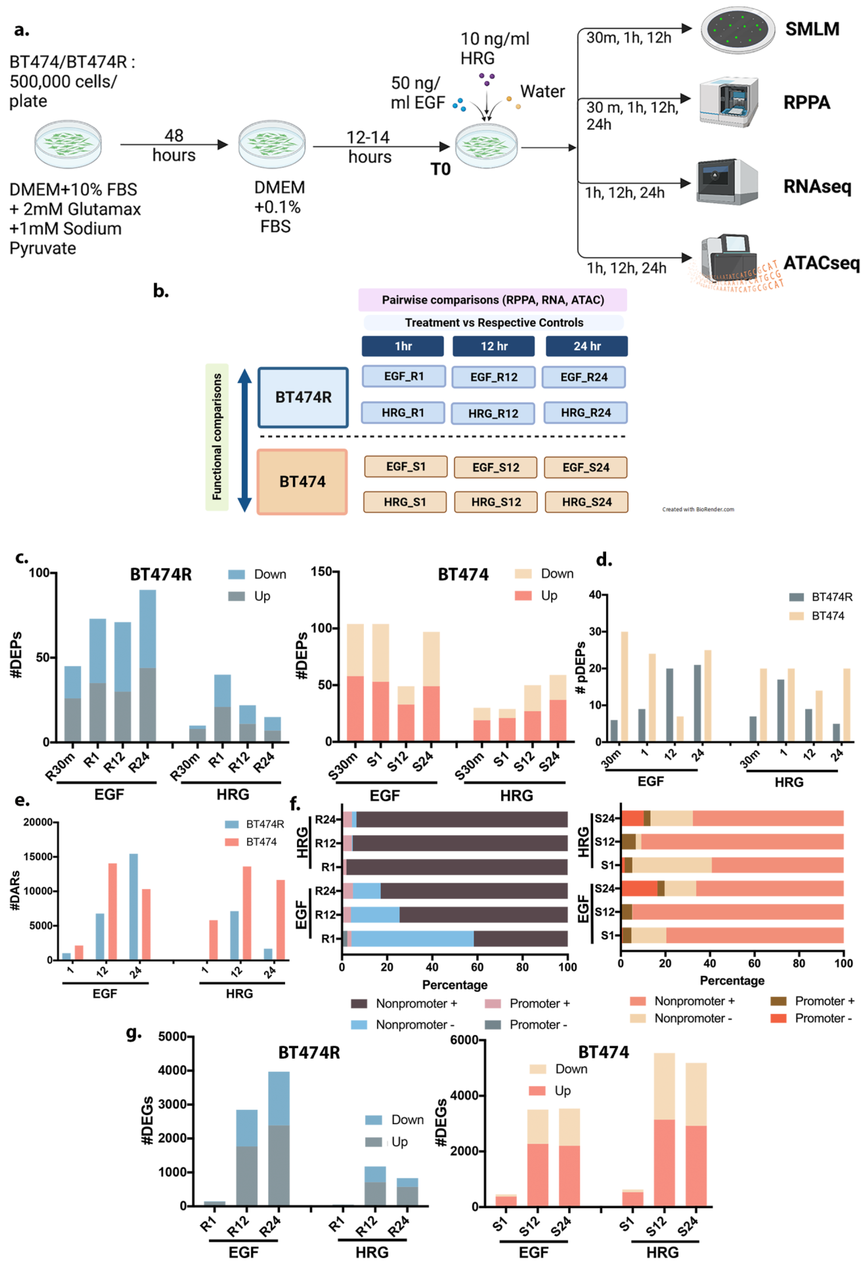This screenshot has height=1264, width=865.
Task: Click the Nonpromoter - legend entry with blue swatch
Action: (x=403, y=1025)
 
